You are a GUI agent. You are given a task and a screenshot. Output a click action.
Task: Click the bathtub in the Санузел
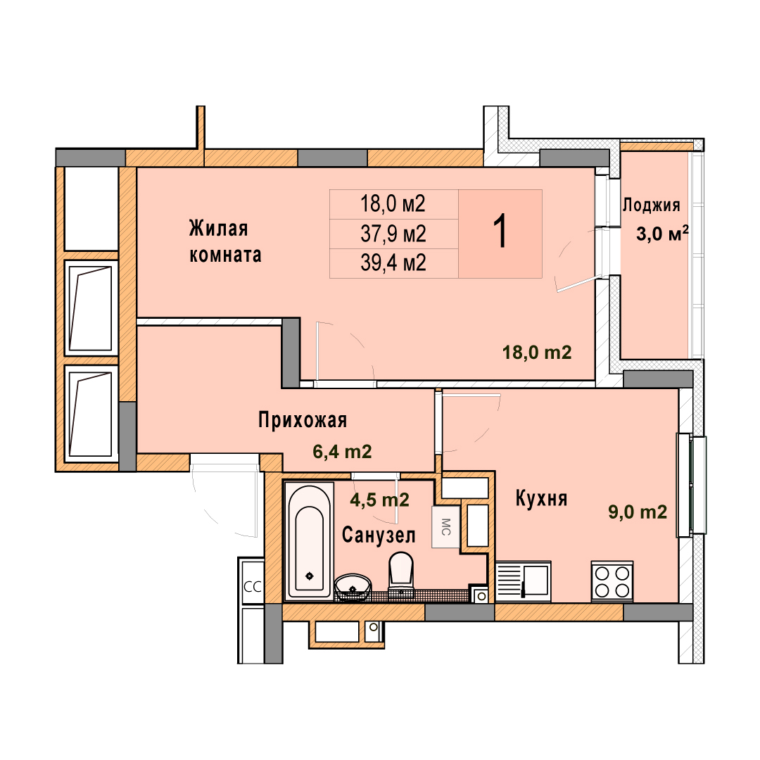[x=309, y=540]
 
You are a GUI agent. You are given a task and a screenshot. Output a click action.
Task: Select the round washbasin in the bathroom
[x=353, y=588]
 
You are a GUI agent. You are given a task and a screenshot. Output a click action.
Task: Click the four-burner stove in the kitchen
[x=612, y=582]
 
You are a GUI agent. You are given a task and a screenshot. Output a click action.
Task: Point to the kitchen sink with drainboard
[x=524, y=581]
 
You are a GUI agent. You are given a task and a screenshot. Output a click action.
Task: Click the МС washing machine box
[x=445, y=527]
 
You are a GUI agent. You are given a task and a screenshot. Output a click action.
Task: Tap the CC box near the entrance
[x=252, y=587]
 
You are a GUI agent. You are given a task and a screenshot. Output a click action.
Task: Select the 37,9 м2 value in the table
[x=393, y=234]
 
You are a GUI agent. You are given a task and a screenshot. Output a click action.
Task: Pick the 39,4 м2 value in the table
[x=393, y=262]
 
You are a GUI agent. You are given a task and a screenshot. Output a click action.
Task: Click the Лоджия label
[x=651, y=205]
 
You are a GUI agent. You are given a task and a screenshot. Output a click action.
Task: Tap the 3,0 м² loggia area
[x=662, y=234]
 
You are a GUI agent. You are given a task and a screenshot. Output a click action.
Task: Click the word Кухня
[x=541, y=499]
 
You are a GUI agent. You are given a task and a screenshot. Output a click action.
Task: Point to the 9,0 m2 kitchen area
[x=638, y=512]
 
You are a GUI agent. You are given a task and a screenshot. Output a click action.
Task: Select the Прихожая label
[x=303, y=419]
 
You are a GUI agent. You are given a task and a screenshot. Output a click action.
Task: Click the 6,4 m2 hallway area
[x=342, y=452]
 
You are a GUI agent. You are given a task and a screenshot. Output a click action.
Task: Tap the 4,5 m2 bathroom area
[x=379, y=500]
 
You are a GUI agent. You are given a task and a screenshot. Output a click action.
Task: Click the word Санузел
[x=379, y=536]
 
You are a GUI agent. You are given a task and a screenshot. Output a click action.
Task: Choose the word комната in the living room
[x=225, y=255]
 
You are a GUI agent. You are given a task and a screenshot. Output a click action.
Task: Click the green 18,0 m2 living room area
[x=537, y=353]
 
